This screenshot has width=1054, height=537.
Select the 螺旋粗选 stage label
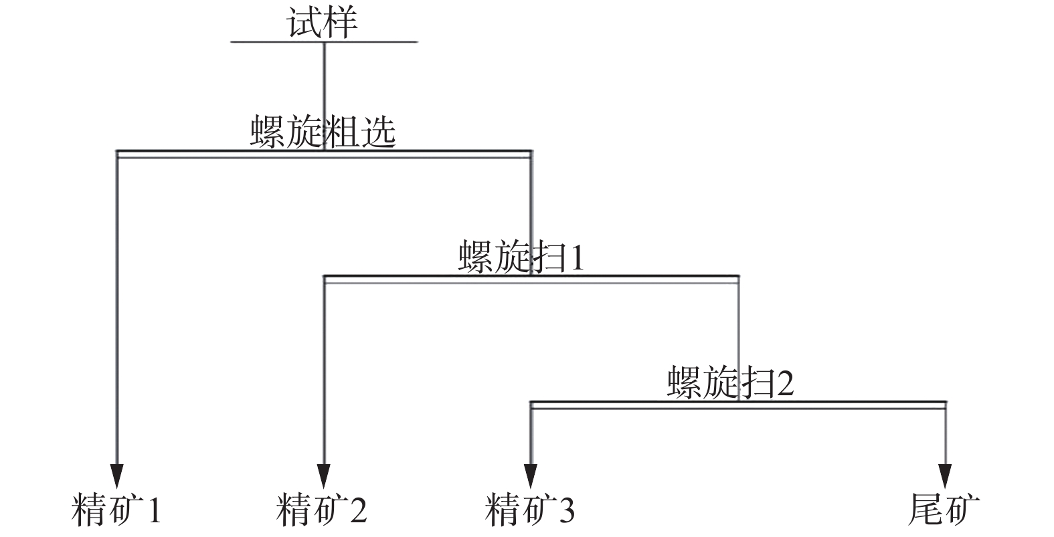pos(323,132)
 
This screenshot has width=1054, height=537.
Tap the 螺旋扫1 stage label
pos(521,257)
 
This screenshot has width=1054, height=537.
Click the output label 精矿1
pos(116,510)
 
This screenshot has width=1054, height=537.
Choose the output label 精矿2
pos(322,510)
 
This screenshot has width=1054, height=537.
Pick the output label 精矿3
pos(530,510)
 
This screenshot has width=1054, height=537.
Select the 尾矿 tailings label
pos(944,510)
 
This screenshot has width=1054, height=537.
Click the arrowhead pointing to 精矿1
pos(118,475)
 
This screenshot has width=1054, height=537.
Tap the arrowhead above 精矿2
pos(325,475)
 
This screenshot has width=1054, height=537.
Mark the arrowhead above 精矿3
pos(531,475)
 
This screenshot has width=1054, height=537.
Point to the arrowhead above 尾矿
pos(946,475)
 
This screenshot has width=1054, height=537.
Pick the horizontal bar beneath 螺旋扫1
pos(636,279)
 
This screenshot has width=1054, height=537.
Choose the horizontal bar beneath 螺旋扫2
pos(837,405)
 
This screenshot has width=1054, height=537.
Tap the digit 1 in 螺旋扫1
pos(575,257)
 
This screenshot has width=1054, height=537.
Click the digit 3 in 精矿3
pos(566,511)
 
